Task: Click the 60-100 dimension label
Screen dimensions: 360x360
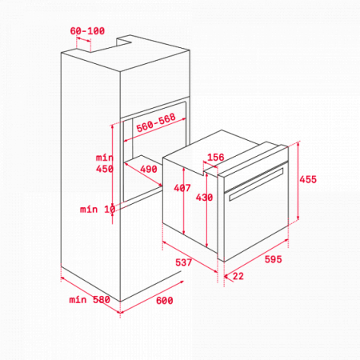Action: (x=87, y=31)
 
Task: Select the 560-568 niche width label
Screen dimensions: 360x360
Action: (x=156, y=122)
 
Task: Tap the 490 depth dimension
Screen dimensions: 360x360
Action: (x=149, y=169)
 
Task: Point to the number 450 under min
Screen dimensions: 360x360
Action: (x=105, y=169)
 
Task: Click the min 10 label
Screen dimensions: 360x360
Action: (x=98, y=210)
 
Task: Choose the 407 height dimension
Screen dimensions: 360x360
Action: (x=182, y=188)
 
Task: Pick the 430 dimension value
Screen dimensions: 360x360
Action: (x=204, y=198)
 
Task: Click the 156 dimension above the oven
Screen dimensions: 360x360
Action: (x=215, y=157)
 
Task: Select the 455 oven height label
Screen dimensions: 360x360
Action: (x=308, y=179)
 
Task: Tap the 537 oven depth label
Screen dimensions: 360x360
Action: (x=183, y=262)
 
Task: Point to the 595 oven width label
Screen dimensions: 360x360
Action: (x=273, y=259)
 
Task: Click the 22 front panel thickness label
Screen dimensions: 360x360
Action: (x=238, y=276)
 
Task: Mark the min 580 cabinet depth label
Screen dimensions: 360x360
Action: (x=90, y=300)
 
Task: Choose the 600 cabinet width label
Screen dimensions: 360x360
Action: (x=164, y=301)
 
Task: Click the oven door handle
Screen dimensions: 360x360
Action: (x=256, y=184)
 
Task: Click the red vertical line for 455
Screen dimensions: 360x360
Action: (x=298, y=181)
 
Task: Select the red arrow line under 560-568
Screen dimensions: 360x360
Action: (x=155, y=130)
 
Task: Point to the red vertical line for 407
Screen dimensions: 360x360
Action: (x=184, y=201)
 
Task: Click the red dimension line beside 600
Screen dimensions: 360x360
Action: (x=152, y=297)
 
